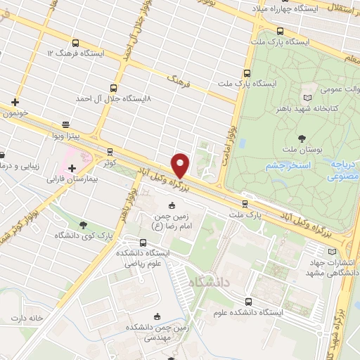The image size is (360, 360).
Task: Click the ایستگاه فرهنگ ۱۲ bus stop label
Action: click(75, 53)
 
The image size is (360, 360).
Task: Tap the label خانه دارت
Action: click(27, 318)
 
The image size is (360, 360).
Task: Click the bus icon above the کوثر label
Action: click(110, 151)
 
